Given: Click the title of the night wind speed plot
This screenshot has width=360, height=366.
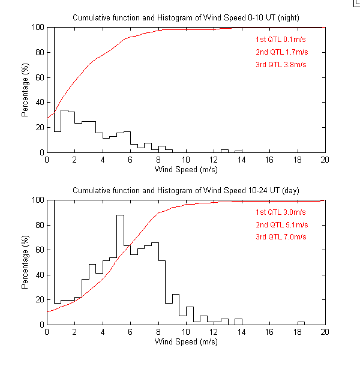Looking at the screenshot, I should tap(186, 17).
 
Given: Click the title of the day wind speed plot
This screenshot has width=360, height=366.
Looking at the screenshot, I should tap(186, 190).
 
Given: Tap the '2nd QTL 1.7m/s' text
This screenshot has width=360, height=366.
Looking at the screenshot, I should tap(281, 52).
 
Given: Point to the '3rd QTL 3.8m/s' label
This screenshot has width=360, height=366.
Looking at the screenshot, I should tap(281, 64).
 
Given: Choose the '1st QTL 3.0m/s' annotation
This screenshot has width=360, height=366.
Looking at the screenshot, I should tap(281, 212).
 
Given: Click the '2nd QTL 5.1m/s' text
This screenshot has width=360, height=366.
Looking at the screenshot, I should tap(281, 225).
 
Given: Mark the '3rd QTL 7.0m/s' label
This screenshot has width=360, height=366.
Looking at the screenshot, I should tap(281, 237).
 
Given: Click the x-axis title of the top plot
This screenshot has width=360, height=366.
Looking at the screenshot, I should tap(186, 170).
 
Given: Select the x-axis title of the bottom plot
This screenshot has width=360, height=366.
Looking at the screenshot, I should tap(186, 343).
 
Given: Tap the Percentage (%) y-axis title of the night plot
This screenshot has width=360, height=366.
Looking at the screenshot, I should tap(25, 90).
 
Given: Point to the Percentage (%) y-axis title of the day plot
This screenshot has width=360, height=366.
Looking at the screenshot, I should tap(25, 262).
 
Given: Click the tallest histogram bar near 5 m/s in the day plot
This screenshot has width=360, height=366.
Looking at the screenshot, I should tap(120, 270).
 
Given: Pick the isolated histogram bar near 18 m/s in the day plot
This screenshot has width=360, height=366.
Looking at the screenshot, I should tap(301, 323).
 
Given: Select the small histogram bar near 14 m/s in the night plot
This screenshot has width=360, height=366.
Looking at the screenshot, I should tap(238, 151).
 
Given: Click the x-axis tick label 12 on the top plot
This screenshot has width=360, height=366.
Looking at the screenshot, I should tap(214, 160).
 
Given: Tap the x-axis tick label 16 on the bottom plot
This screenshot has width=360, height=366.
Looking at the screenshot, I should tap(269, 332).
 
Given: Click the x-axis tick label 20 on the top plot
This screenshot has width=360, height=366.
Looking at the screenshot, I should tap(325, 160).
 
